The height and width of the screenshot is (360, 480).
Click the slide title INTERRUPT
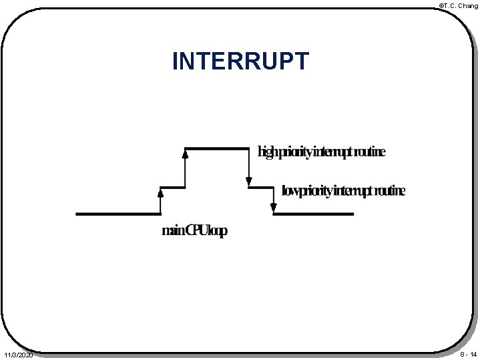(x=240, y=61)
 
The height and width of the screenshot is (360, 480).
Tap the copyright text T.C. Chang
(x=460, y=5)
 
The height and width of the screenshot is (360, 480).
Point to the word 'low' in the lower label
(x=292, y=192)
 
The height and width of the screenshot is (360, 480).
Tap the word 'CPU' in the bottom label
(x=198, y=231)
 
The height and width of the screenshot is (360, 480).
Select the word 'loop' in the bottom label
(x=218, y=232)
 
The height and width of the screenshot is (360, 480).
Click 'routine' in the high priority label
(x=369, y=153)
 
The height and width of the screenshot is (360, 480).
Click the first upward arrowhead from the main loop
(x=160, y=193)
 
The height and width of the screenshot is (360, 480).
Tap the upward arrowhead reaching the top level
(x=185, y=154)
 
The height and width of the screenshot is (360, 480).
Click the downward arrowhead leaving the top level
(x=248, y=181)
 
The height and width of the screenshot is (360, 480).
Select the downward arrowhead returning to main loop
(x=273, y=208)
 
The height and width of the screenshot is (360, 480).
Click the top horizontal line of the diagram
(x=216, y=148)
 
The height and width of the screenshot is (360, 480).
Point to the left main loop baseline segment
(x=118, y=214)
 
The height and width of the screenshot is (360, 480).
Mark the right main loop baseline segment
(x=313, y=214)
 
